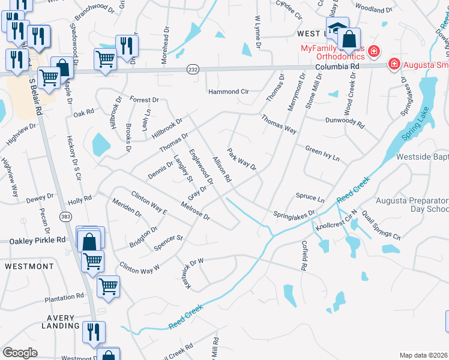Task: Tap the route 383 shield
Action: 65,215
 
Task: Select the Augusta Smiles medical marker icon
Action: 394,63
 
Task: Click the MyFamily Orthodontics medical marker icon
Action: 374,51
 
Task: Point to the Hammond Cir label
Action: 228,92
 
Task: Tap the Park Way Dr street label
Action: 242,158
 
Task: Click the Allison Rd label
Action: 221,169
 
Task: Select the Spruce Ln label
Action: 310,197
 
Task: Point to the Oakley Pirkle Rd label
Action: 37,240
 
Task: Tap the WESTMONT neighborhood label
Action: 29,266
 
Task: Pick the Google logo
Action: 20,353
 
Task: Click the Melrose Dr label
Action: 197,212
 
